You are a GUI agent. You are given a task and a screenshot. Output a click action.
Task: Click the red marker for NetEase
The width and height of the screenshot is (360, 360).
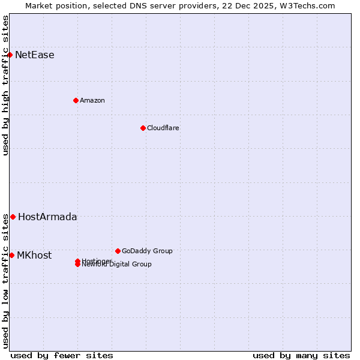(x=10, y=55)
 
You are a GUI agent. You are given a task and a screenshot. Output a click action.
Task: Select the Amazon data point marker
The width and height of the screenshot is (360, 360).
(x=76, y=100)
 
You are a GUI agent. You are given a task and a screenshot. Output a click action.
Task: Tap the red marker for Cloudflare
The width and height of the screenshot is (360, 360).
(x=143, y=128)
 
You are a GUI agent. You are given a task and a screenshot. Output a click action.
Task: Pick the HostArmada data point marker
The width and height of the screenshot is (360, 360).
(x=13, y=217)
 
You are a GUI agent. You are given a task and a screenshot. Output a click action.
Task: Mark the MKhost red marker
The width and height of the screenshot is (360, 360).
(x=11, y=255)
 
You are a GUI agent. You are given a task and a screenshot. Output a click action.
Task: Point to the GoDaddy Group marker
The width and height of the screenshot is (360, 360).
(x=118, y=251)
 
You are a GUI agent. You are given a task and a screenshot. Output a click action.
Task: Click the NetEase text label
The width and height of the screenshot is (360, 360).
(x=35, y=55)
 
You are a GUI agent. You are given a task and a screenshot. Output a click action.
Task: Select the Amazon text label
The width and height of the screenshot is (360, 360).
(x=92, y=100)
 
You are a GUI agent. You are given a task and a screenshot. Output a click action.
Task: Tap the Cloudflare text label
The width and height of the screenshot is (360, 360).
(x=163, y=128)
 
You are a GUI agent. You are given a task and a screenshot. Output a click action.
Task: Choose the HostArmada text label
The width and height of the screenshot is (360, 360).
(x=47, y=217)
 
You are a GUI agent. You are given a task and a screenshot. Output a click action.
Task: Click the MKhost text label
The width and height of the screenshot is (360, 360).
(x=34, y=255)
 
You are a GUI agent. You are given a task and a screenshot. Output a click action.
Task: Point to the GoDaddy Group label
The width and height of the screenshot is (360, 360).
(x=147, y=251)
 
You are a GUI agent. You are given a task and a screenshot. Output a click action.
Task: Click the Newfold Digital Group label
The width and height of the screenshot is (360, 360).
(x=117, y=265)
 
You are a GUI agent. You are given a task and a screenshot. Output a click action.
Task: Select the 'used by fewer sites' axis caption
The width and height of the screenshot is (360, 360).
(x=62, y=355)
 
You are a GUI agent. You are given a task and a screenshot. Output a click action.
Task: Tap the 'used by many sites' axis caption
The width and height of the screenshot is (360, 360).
(x=301, y=355)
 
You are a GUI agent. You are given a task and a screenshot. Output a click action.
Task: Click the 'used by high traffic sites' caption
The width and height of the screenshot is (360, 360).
(x=6, y=85)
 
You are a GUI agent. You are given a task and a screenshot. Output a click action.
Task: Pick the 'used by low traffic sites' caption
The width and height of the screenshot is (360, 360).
(x=6, y=281)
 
